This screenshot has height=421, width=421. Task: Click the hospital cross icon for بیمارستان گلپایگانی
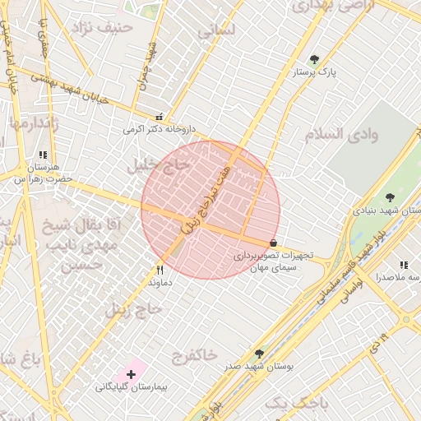(x=131, y=375)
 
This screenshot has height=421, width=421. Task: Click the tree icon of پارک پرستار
(x=314, y=60)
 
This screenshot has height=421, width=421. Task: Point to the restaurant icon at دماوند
(x=160, y=270)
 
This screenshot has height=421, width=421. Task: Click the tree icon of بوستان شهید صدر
(x=259, y=354)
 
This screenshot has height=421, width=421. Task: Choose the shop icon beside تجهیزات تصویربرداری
(x=273, y=243)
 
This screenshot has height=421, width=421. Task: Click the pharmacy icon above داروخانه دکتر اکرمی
(x=159, y=117)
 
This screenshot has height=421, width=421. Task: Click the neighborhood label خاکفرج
(x=194, y=355)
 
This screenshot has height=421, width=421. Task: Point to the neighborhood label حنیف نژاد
(x=104, y=28)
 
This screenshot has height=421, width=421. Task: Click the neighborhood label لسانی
(x=217, y=30)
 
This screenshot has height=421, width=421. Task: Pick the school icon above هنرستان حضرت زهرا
(x=43, y=155)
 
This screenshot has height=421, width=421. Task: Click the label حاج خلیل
(x=158, y=165)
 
